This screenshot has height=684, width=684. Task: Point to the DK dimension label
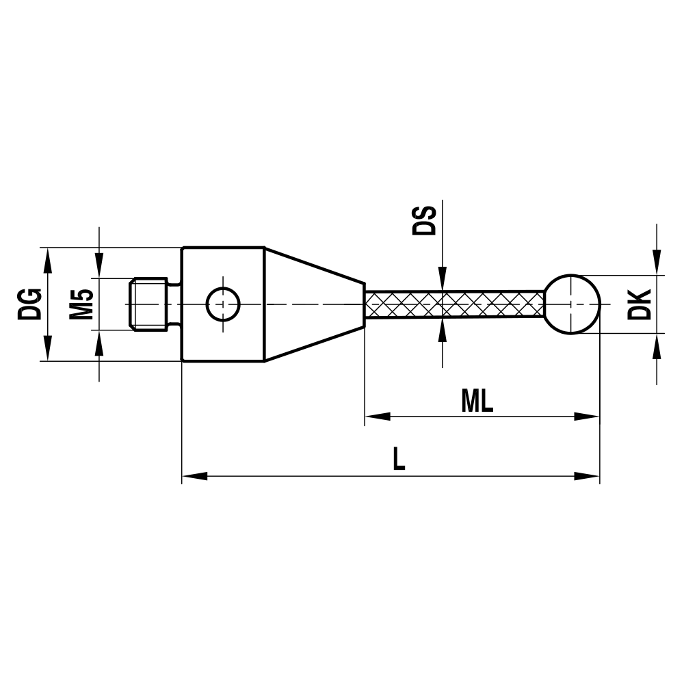(x=639, y=304)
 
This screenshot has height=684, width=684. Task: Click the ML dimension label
(x=477, y=402)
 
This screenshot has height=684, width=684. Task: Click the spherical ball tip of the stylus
(x=573, y=304)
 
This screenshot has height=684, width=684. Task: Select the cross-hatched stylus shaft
(x=455, y=304)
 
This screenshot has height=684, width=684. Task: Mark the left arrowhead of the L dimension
(x=194, y=475)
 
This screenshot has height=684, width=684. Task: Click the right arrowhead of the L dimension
(x=587, y=475)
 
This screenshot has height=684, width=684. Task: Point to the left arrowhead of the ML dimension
(x=377, y=416)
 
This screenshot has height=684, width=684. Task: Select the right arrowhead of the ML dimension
(x=587, y=416)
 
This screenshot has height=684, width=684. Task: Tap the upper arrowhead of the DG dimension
(x=48, y=259)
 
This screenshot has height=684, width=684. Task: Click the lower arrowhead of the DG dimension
(x=48, y=348)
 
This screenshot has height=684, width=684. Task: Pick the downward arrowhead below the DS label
(x=443, y=280)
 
